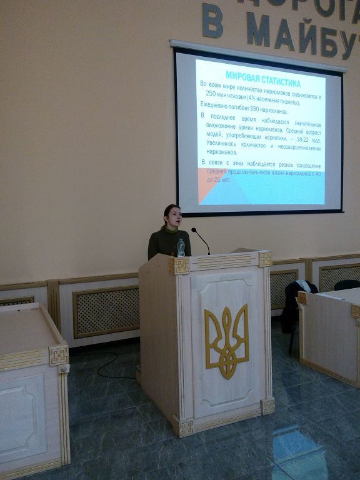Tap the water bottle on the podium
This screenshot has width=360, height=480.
(181, 247)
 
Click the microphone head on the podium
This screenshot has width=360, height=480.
(194, 231)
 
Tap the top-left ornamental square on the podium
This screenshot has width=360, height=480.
(178, 266)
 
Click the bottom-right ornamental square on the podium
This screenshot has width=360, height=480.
(267, 407)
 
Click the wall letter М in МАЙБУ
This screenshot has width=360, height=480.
(258, 29)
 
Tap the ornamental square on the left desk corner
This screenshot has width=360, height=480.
(59, 356)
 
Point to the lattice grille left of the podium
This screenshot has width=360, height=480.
(106, 311)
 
